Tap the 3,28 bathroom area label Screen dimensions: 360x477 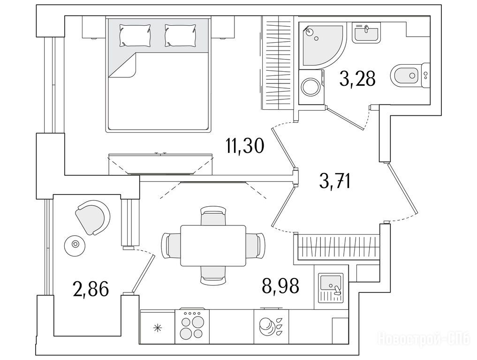pos(357,78)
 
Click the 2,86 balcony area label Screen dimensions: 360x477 pos(91,289)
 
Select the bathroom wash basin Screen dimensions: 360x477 pos(366,33)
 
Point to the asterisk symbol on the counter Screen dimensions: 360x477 pos(158,328)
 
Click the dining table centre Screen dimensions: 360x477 pos(213,245)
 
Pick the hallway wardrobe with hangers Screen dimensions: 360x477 pos(338,246)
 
